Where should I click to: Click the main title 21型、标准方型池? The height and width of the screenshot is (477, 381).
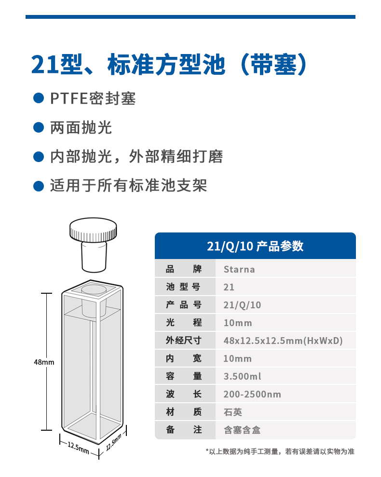(x=128, y=65)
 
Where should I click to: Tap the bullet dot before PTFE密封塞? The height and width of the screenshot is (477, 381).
(x=39, y=98)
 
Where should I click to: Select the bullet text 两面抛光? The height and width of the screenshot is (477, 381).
(x=81, y=127)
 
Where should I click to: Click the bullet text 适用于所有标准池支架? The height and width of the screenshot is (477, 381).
(x=128, y=186)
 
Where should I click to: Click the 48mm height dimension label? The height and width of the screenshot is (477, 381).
(x=44, y=362)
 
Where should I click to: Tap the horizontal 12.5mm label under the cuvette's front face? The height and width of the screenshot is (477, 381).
(x=78, y=448)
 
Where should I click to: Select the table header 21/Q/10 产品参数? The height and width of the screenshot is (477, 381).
(x=255, y=246)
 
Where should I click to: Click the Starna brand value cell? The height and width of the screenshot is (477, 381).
(x=239, y=269)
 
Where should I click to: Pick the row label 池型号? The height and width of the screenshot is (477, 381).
(x=183, y=286)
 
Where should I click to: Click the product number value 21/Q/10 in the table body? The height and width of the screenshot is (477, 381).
(x=242, y=305)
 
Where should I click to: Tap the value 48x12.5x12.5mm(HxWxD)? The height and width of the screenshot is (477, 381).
(x=283, y=341)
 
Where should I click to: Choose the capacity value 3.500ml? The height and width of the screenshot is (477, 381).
(x=243, y=376)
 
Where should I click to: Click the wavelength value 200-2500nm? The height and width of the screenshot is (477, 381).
(x=252, y=394)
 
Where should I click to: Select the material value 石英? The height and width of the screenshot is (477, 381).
(x=233, y=412)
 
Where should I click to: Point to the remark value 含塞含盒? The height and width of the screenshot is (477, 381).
(x=242, y=430)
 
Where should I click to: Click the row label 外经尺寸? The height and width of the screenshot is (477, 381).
(x=183, y=341)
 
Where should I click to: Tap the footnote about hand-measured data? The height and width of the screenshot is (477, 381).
(x=280, y=451)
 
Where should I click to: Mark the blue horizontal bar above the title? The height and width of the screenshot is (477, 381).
(x=190, y=17)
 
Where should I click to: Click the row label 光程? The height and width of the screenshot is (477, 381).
(x=183, y=323)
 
